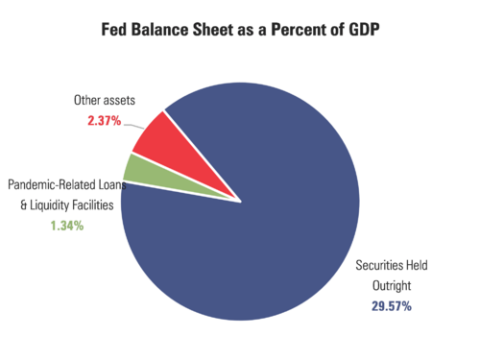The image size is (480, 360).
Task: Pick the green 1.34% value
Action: coord(65,226)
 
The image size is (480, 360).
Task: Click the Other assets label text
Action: coord(105,99)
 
